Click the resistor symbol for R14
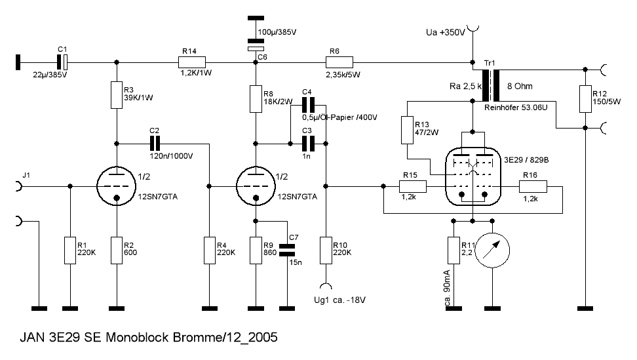coord(192,62)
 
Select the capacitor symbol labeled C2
coord(155,142)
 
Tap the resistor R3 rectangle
coord(117,96)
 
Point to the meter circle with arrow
coord(493,250)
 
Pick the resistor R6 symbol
coord(339,62)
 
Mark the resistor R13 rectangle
coord(407,132)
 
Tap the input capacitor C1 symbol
coord(62,62)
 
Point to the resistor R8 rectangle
coord(256,100)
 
